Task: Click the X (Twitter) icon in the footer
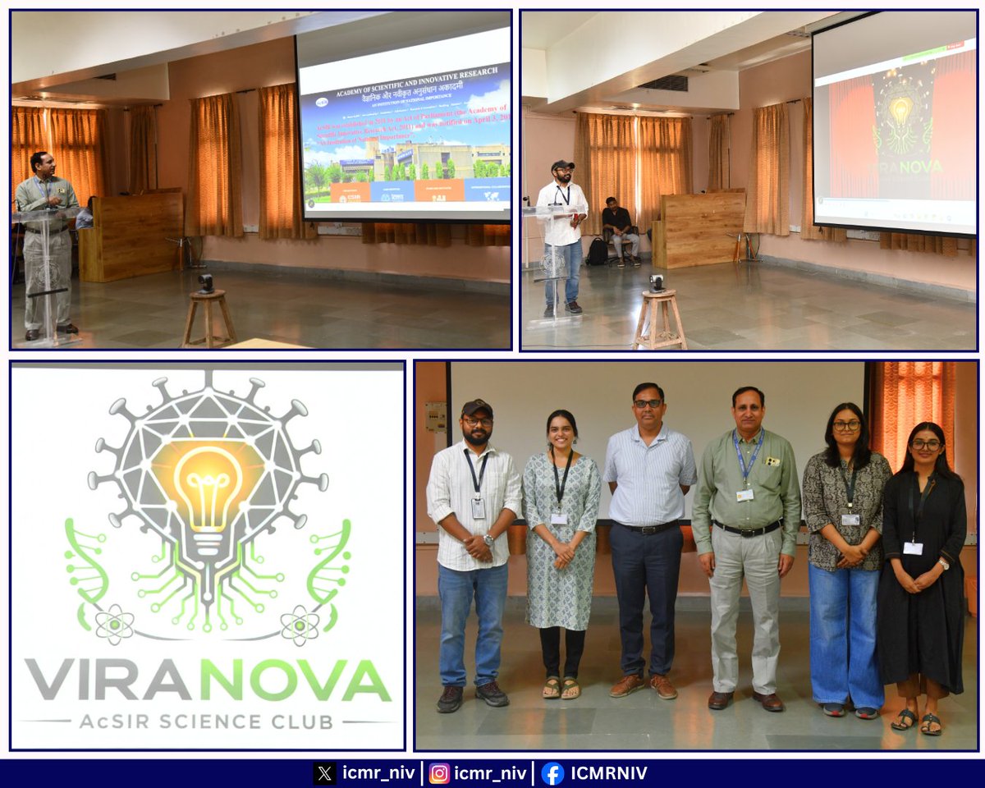[x=324, y=773]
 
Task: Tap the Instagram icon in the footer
[x=440, y=773]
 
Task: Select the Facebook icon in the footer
[x=552, y=773]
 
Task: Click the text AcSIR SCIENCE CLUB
[x=207, y=722]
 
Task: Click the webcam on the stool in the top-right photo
[x=657, y=282]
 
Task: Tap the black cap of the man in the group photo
[x=476, y=407]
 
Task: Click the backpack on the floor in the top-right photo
[x=597, y=252]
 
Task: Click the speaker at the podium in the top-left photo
[x=48, y=238]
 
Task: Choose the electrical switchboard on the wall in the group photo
[x=436, y=416]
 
